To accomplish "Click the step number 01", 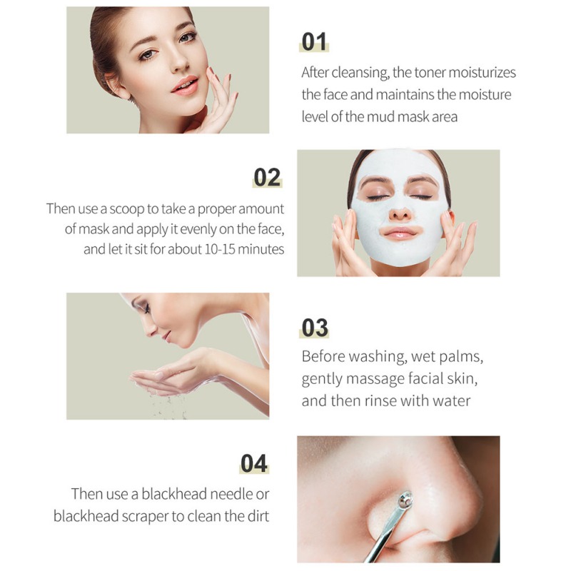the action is (x=314, y=41).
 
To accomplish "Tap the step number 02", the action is (x=267, y=177).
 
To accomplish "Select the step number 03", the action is (x=315, y=328).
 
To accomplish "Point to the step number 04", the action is (x=254, y=463).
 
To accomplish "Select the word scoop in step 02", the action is (x=127, y=209).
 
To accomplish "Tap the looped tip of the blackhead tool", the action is (x=405, y=500).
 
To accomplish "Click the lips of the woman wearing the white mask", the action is (x=400, y=233).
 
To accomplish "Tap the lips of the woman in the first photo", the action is (x=186, y=86).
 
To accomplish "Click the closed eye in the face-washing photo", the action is (x=146, y=310).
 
